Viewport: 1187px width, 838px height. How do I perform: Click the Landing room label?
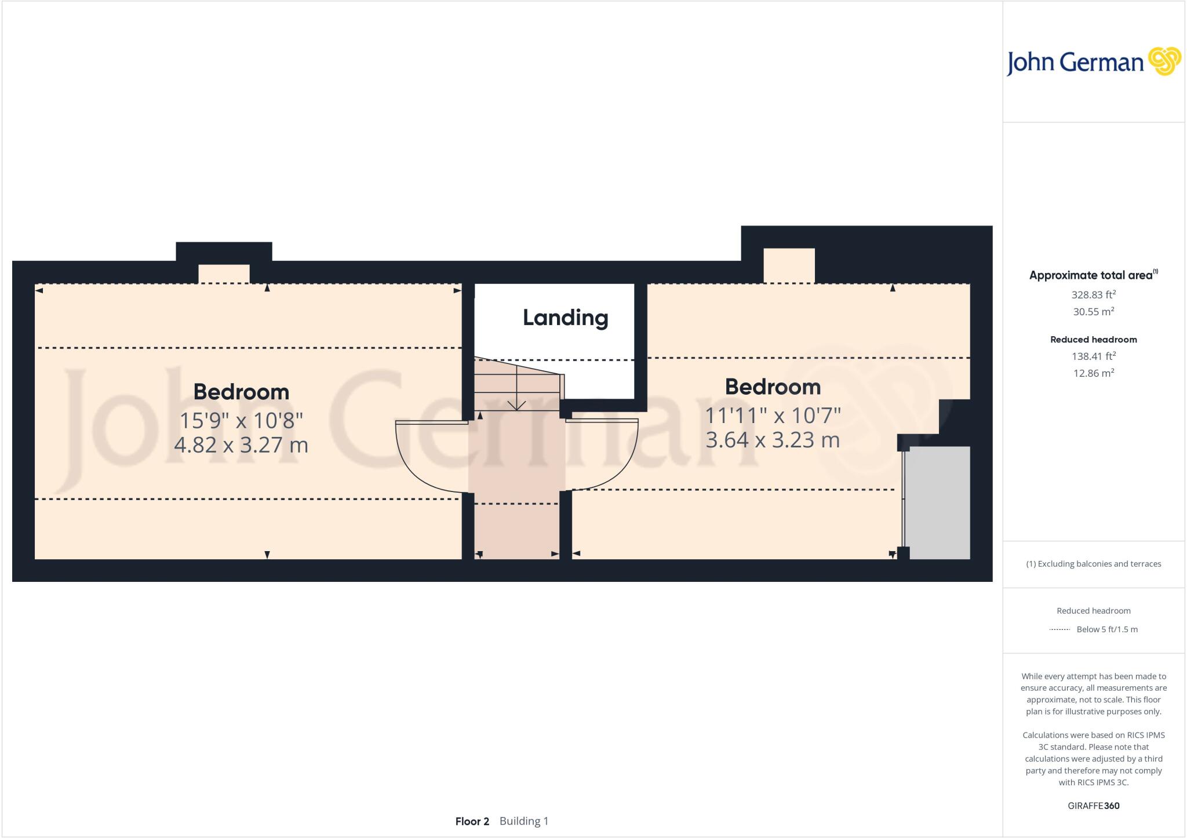565,318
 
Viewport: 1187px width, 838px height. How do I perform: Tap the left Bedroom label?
241,392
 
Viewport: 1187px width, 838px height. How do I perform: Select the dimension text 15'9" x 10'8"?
241,420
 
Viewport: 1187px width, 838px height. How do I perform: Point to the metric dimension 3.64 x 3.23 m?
772,440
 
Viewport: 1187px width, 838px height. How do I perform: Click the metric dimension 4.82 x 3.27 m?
241,445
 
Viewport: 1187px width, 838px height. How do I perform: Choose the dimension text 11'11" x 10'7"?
772,416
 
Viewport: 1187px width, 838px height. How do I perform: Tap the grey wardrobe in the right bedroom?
938,502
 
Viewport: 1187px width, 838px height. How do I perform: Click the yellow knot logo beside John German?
1164,61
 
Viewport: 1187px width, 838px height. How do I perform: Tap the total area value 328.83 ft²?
1093,294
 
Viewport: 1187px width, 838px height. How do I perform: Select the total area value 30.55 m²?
1093,311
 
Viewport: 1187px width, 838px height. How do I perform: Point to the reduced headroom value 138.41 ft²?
1093,356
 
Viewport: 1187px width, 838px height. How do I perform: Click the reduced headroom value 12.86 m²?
1093,373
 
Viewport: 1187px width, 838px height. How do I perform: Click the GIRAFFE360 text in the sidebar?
1093,806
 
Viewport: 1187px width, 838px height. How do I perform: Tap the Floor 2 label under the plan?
472,821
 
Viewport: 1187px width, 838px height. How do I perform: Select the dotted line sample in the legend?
1059,629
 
